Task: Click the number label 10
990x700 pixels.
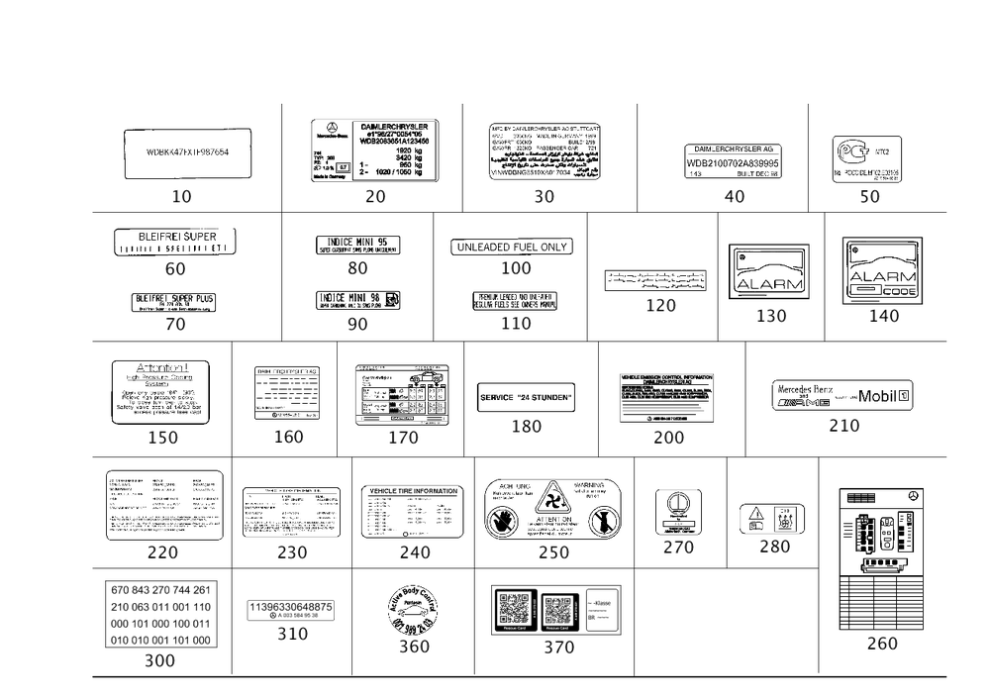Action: tap(181, 197)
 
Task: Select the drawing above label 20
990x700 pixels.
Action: tap(375, 150)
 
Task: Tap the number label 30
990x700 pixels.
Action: tap(544, 197)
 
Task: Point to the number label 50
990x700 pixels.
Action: tap(869, 197)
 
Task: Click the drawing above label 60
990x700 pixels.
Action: tap(175, 241)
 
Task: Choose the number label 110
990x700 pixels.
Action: tap(516, 323)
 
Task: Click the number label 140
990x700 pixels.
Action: tap(883, 316)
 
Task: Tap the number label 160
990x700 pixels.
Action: tap(289, 436)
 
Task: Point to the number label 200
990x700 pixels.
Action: tap(669, 437)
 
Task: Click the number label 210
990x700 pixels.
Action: tap(843, 426)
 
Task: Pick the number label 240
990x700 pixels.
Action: tap(414, 551)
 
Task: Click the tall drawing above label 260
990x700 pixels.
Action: tap(881, 559)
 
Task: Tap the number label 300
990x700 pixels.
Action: tap(158, 660)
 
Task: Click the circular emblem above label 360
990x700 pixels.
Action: tap(413, 606)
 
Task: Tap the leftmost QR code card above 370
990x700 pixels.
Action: tap(513, 608)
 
